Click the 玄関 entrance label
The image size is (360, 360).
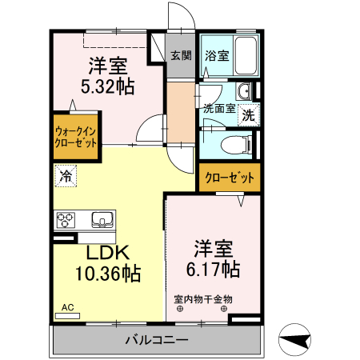point(181,56)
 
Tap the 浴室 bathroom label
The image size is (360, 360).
point(216,56)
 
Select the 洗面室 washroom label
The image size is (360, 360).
point(219,109)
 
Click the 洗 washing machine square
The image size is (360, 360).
point(249,114)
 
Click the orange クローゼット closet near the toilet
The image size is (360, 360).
point(230,177)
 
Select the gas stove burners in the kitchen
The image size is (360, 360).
point(66,218)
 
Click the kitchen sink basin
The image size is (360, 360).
point(102,218)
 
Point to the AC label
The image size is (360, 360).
point(68,307)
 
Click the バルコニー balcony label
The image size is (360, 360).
point(157,341)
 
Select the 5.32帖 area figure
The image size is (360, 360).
point(106,84)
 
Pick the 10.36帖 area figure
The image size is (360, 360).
point(108,274)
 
